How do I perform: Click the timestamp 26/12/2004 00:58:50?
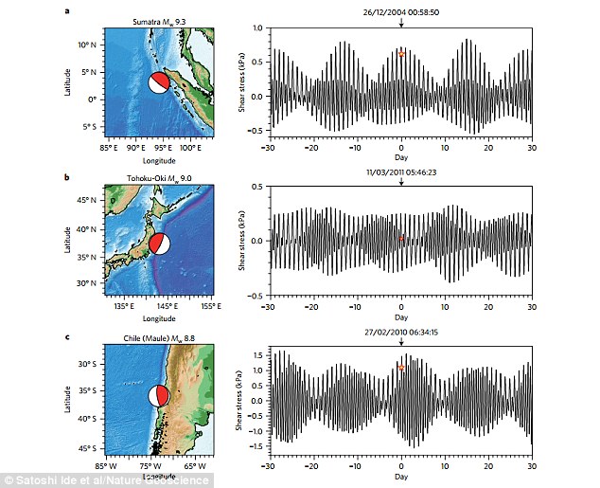click(x=401, y=11)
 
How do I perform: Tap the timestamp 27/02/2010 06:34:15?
click(x=401, y=331)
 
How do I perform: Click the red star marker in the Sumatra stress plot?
click(x=401, y=54)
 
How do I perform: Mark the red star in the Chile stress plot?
click(x=401, y=367)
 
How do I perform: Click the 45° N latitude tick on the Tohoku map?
click(x=92, y=201)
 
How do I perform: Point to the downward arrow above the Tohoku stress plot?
click(x=401, y=179)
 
